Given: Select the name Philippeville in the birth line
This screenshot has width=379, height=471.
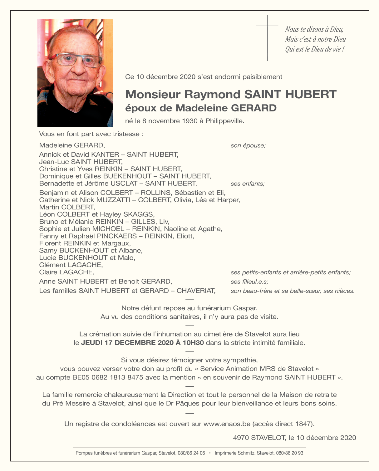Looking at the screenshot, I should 224,121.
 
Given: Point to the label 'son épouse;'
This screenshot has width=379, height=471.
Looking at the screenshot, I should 248,145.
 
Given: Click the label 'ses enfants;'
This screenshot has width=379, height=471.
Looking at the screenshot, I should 248,184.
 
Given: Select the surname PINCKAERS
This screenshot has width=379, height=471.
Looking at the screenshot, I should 117,236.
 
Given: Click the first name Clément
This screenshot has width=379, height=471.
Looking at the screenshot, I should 52,265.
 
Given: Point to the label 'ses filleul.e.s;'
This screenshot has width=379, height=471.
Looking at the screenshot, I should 249,282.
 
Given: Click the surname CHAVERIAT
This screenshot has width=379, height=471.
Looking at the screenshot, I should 196,291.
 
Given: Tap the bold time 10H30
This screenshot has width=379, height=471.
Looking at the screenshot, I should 193,343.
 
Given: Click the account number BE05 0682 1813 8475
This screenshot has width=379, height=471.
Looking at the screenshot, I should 108,377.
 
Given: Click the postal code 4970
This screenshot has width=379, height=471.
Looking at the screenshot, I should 241,438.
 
